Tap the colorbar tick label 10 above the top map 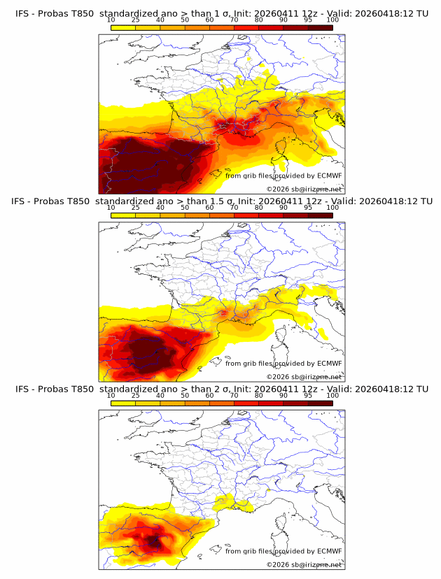point(111,20)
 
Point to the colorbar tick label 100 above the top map point(332,20)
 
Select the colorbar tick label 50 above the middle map point(185,208)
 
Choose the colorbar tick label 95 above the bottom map point(308,395)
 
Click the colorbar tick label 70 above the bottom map point(234,395)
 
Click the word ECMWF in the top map point(329,176)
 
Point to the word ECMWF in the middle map point(329,363)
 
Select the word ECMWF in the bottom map point(329,550)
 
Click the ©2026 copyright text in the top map point(278,189)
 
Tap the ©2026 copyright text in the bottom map point(278,564)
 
